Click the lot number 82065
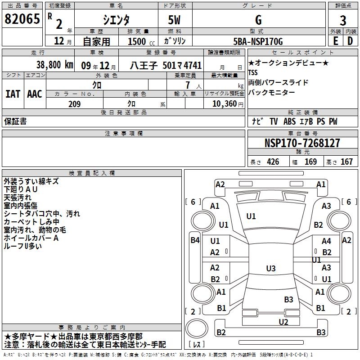coord(22,19)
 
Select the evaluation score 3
coord(343,20)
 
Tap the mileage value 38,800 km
coord(55,65)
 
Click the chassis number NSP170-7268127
coord(302,143)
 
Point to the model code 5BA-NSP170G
coord(258,41)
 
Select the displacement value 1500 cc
coord(141,41)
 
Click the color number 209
coord(74,104)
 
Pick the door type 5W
coord(174,20)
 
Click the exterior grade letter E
coord(335,41)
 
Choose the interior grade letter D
coord(350,41)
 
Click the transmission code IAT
coord(13,94)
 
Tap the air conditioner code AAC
coord(35,94)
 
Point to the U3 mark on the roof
coord(271,268)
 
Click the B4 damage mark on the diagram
coord(195,240)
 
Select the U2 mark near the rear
coord(283,322)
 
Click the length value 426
coord(273,162)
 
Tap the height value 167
coord(346,162)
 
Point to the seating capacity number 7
coord(188,85)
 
